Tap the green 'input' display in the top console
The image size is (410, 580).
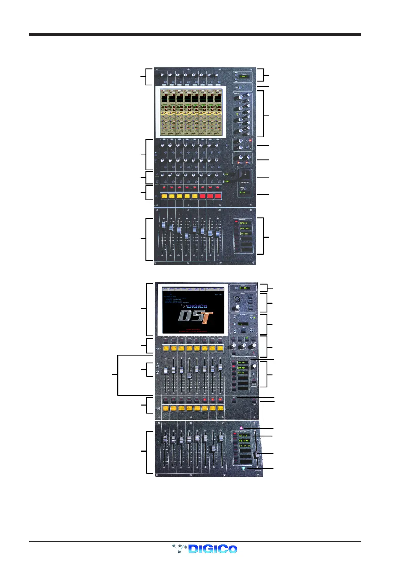244,76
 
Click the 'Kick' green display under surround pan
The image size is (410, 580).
243,193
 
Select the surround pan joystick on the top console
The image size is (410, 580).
245,174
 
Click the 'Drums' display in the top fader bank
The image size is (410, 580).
245,223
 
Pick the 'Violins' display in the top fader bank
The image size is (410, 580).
245,228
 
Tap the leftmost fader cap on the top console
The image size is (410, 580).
163,225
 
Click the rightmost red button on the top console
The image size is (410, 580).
218,196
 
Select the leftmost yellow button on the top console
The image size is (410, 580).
164,196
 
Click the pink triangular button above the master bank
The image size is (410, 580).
242,428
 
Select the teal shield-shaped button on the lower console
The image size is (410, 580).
243,468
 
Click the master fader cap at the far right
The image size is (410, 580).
257,455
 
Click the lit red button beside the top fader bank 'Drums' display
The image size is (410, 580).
236,222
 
